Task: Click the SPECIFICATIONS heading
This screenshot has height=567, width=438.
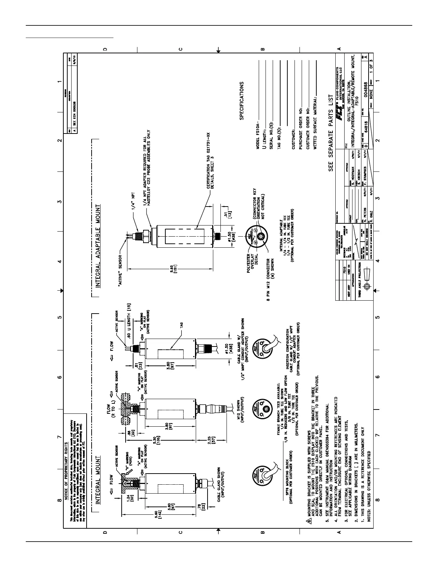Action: [242, 101]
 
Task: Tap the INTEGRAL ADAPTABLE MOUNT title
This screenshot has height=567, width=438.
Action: [98, 246]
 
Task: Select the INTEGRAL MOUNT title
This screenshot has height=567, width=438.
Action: [98, 480]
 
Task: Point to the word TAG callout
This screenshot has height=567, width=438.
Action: [181, 326]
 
